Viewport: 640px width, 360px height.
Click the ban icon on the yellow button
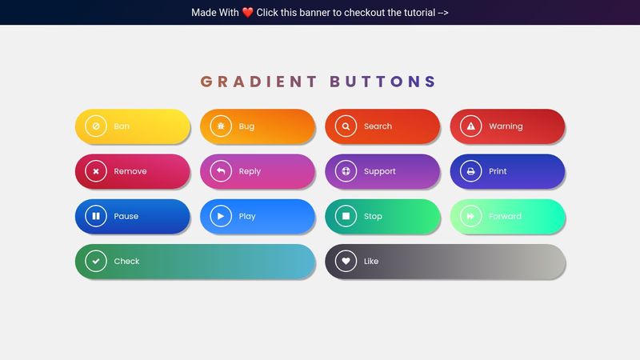[96, 126]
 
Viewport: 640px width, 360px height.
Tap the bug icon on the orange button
[221, 126]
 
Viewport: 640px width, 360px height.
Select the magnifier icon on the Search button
[346, 126]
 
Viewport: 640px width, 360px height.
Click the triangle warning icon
[471, 126]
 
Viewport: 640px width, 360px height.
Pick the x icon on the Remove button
[96, 171]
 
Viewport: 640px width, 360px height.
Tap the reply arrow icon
[221, 171]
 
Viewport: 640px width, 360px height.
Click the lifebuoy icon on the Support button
[346, 171]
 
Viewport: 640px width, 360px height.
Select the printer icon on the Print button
[471, 171]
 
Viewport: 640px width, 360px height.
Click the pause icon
[96, 216]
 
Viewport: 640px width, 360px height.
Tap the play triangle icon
[221, 216]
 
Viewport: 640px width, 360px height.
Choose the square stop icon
[346, 216]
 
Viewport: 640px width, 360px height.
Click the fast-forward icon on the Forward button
[471, 216]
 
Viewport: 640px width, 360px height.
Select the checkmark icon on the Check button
[96, 261]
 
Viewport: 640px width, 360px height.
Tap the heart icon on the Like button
[346, 261]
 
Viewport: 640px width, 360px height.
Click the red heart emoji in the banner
[247, 13]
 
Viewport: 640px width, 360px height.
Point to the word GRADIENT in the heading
[258, 82]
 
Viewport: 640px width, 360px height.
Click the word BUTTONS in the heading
[383, 82]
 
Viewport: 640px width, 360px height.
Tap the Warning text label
[506, 126]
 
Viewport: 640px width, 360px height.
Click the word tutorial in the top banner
[409, 13]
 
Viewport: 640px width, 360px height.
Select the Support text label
[380, 171]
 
